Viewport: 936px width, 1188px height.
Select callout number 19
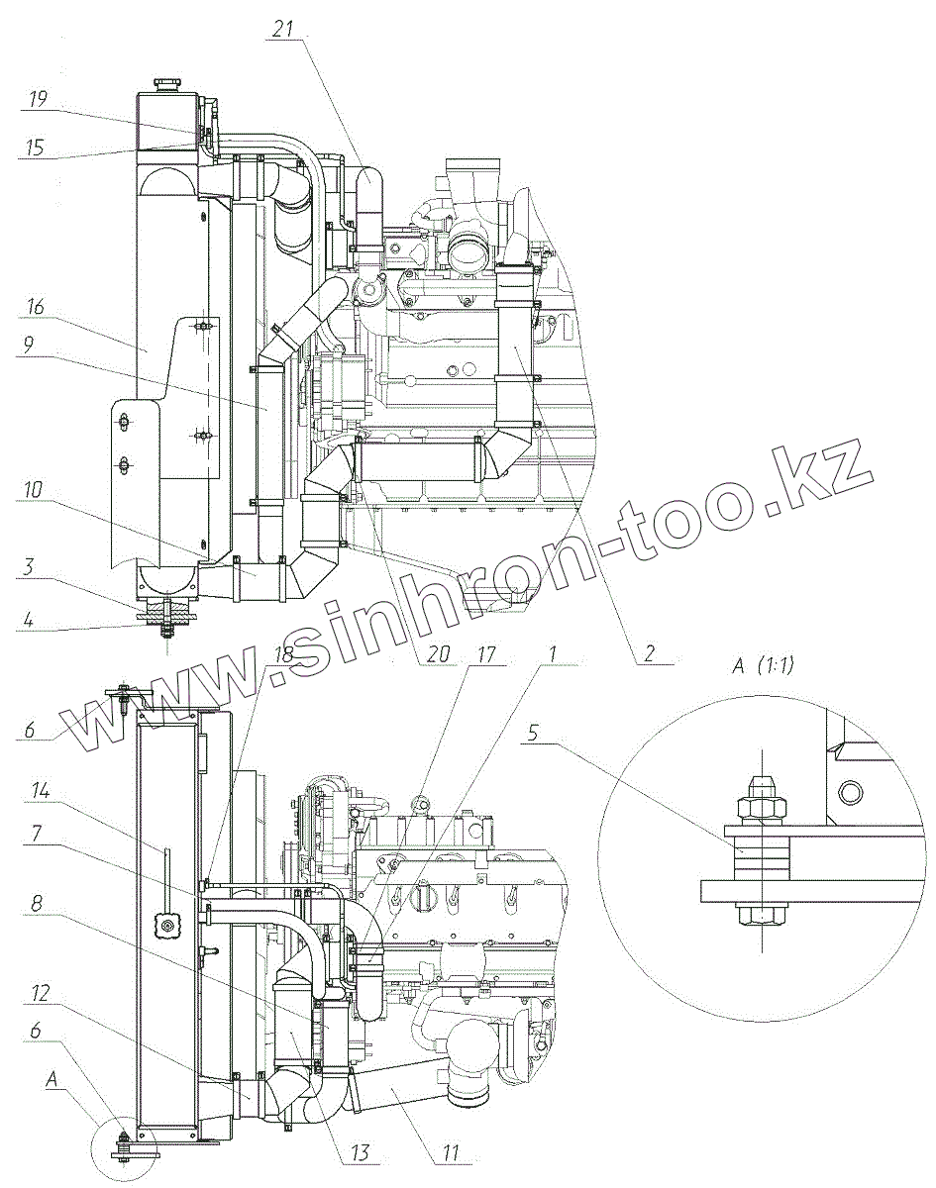click(38, 99)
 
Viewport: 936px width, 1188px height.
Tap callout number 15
click(36, 148)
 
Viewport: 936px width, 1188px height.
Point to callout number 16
click(35, 306)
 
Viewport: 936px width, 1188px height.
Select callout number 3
click(28, 567)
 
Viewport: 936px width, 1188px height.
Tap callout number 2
click(649, 653)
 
